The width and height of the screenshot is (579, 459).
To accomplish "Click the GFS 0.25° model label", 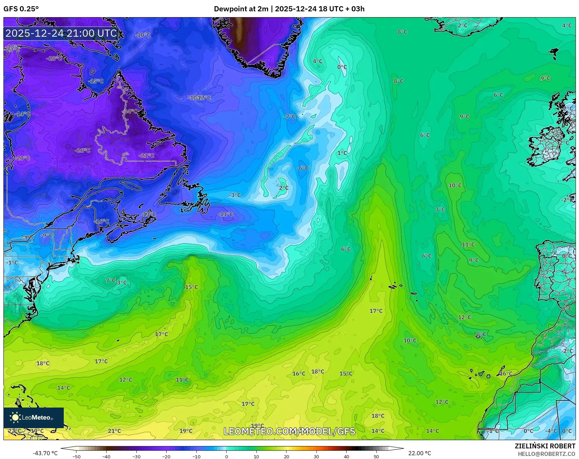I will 21,9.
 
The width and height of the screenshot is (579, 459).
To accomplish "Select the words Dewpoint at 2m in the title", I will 241,9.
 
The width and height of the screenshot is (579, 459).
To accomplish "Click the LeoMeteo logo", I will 34,417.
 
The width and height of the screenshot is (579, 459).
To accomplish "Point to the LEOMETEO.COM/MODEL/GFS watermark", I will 289,431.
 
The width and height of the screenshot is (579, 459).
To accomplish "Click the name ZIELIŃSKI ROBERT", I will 545,446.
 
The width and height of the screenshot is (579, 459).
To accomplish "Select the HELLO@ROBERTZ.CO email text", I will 546,454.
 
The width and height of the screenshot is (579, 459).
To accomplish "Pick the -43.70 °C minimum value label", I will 45,453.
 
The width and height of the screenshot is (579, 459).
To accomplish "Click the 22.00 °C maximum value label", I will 419,453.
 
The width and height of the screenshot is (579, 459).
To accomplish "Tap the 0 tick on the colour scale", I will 226,457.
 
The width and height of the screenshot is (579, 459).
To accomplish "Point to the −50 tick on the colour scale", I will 76,457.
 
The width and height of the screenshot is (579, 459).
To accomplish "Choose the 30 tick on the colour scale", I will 316,457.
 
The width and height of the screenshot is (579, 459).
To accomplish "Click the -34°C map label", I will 130,111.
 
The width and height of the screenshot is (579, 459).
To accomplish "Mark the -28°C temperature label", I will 54,58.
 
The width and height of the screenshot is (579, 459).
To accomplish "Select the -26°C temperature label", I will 83,150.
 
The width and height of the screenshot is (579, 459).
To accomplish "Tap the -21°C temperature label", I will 146,155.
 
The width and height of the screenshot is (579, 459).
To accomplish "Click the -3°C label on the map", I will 235,195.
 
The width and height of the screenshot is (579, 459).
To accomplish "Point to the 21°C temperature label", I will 114,431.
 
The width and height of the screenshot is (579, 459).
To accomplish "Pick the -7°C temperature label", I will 289,116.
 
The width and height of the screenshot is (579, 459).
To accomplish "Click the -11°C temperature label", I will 225,214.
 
